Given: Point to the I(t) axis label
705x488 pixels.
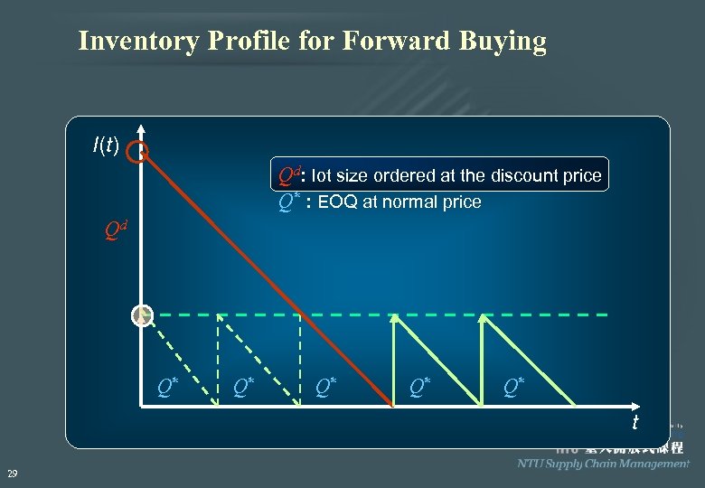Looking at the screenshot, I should pyautogui.click(x=106, y=144).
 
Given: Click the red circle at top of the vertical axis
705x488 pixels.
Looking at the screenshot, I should pyautogui.click(x=137, y=152).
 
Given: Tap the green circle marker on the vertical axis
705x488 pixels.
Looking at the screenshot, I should pyautogui.click(x=141, y=315).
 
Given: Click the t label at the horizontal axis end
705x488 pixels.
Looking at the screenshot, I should pyautogui.click(x=634, y=422).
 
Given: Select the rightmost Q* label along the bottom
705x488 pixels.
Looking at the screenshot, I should pyautogui.click(x=513, y=386).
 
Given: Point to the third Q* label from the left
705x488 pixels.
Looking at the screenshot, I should pyautogui.click(x=326, y=386).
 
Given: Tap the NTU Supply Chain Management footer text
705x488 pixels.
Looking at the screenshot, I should pyautogui.click(x=603, y=464).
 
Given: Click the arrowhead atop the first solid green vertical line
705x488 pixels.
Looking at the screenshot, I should pyautogui.click(x=393, y=318).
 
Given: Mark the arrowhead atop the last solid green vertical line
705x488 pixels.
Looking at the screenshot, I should pyautogui.click(x=483, y=318).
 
